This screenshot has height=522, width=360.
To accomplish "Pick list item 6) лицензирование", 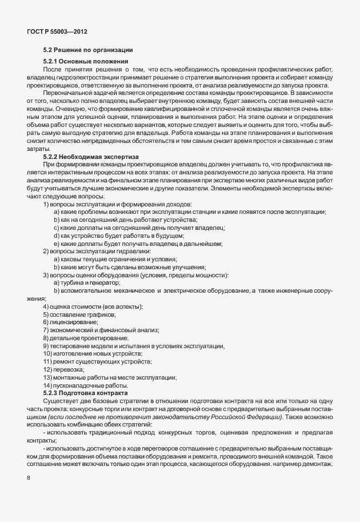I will [70, 323].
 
